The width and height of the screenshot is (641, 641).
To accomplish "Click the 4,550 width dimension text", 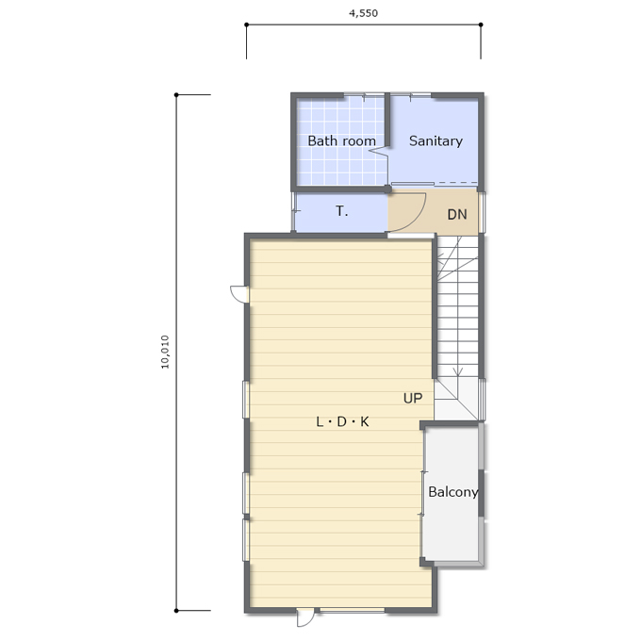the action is (x=363, y=13).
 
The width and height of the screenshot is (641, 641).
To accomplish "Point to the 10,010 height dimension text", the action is (x=165, y=352).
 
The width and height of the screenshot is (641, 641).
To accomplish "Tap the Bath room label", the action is (x=342, y=141).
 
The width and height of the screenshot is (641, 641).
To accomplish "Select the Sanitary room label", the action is (x=436, y=141).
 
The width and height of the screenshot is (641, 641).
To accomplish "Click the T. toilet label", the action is (x=342, y=211).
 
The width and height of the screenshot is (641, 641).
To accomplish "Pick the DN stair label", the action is (x=457, y=214).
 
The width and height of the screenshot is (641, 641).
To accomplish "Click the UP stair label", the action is (x=413, y=398).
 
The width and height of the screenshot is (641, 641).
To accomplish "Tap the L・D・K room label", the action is (x=342, y=421).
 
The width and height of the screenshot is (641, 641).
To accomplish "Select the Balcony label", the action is (x=453, y=492).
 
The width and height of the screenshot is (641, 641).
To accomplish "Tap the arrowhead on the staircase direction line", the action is (x=458, y=371).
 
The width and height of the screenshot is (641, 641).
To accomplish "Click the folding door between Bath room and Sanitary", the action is (x=379, y=151).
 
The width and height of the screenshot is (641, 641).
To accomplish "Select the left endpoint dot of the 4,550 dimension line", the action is (x=247, y=25).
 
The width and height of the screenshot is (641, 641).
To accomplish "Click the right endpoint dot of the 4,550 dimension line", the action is (x=481, y=25).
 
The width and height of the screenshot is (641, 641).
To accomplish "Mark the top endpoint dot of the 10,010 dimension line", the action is (x=176, y=95).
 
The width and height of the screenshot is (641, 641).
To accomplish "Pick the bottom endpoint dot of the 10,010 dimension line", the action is (x=176, y=611).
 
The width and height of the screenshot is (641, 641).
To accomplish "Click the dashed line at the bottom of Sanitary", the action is (x=456, y=182).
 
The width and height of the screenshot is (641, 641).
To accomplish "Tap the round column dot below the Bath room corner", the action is (x=387, y=189).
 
